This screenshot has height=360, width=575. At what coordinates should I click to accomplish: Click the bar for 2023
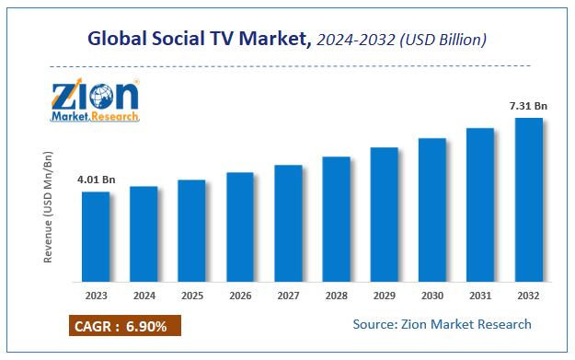(96, 236)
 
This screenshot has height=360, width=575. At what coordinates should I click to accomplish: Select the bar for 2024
(144, 234)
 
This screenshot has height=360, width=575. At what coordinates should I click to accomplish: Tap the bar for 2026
(239, 226)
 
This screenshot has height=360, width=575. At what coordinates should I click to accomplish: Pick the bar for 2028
(336, 219)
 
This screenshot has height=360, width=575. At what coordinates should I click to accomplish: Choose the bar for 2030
(431, 210)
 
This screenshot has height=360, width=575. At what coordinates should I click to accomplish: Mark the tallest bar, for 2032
(527, 199)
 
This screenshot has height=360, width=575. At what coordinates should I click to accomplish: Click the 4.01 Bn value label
(96, 179)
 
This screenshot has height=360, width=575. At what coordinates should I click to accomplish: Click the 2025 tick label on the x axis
(191, 296)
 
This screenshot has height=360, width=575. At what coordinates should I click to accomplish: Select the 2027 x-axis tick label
(288, 296)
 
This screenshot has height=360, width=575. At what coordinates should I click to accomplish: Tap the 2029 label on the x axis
(384, 296)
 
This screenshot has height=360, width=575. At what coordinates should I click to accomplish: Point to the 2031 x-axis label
(479, 296)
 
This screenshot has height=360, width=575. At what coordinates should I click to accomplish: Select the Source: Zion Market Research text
(442, 324)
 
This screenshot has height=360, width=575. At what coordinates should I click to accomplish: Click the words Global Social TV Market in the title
(196, 40)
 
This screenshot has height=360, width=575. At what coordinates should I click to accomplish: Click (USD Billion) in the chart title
(443, 40)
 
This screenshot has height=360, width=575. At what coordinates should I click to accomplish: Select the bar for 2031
(479, 204)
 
